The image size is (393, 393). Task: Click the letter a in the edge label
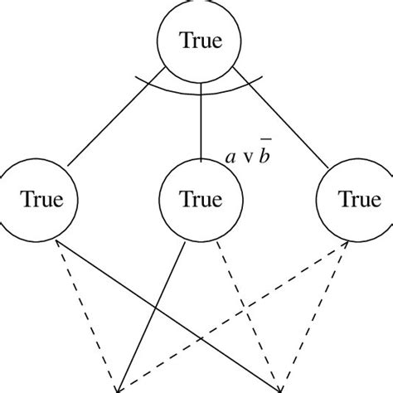coord(232,155)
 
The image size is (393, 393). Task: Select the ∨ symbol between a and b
coord(247,156)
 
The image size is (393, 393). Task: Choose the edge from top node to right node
coord(286,124)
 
